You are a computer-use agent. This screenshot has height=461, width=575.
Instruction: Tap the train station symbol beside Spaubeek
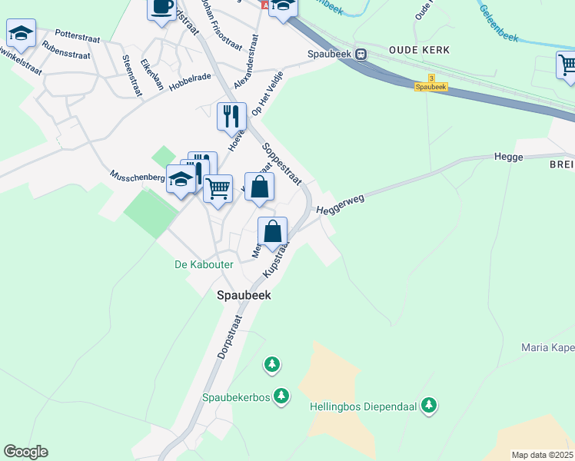361,54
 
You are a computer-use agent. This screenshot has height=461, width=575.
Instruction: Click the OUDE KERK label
411,49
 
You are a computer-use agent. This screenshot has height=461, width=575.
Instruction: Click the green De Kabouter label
204,264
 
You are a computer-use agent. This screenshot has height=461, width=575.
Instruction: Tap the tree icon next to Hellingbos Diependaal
429,405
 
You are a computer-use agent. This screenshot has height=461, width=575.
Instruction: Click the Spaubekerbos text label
234,397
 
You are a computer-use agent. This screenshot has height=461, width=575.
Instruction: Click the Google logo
25,451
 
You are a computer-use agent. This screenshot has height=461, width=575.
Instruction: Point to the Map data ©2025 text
543,455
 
